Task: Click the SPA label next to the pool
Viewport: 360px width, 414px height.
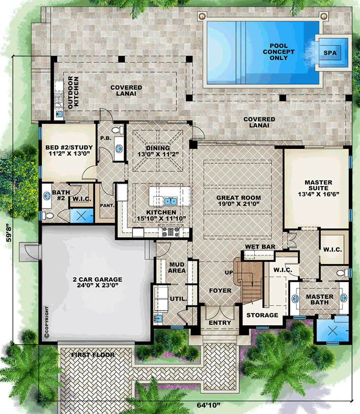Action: [330, 53]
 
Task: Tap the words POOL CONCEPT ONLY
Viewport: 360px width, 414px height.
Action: [279, 52]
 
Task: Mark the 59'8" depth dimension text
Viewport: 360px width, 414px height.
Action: [9, 233]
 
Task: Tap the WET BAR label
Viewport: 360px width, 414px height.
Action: [260, 247]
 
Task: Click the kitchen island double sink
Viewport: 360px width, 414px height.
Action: [171, 202]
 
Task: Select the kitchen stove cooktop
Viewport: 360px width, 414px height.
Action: [171, 231]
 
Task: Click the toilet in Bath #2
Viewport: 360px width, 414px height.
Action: [48, 216]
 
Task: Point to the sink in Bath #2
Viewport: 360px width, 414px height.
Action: [47, 196]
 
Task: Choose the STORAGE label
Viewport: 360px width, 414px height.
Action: [262, 315]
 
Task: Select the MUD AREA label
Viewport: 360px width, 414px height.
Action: [177, 267]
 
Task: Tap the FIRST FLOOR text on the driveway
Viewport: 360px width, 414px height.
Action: [93, 355]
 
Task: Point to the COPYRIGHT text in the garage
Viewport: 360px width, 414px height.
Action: [47, 322]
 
